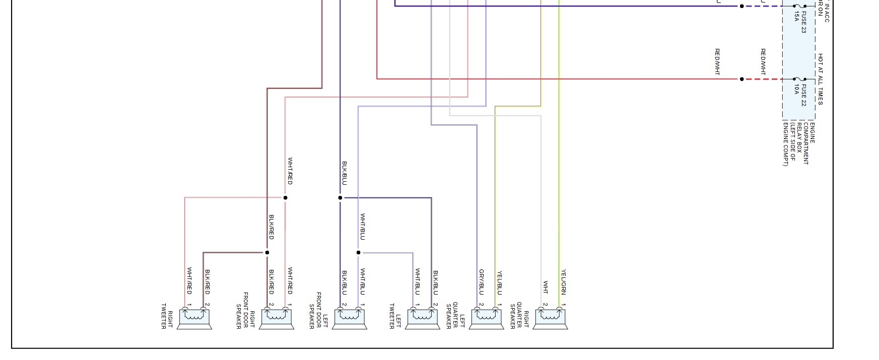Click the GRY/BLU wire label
pyautogui.click(x=482, y=282)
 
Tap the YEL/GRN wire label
pyautogui.click(x=564, y=282)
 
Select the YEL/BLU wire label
pyautogui.click(x=500, y=283)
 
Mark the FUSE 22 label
pyautogui.click(x=800, y=95)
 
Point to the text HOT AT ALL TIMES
pyautogui.click(x=820, y=79)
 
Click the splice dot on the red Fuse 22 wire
pyautogui.click(x=741, y=79)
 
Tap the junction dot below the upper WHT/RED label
pyautogui.click(x=285, y=198)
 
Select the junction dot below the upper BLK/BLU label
pyautogui.click(x=340, y=198)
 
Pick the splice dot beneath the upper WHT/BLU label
pyautogui.click(x=359, y=253)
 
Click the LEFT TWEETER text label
pyautogui.click(x=395, y=316)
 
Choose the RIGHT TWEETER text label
pyautogui.click(x=167, y=316)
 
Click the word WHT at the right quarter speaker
pyautogui.click(x=545, y=287)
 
